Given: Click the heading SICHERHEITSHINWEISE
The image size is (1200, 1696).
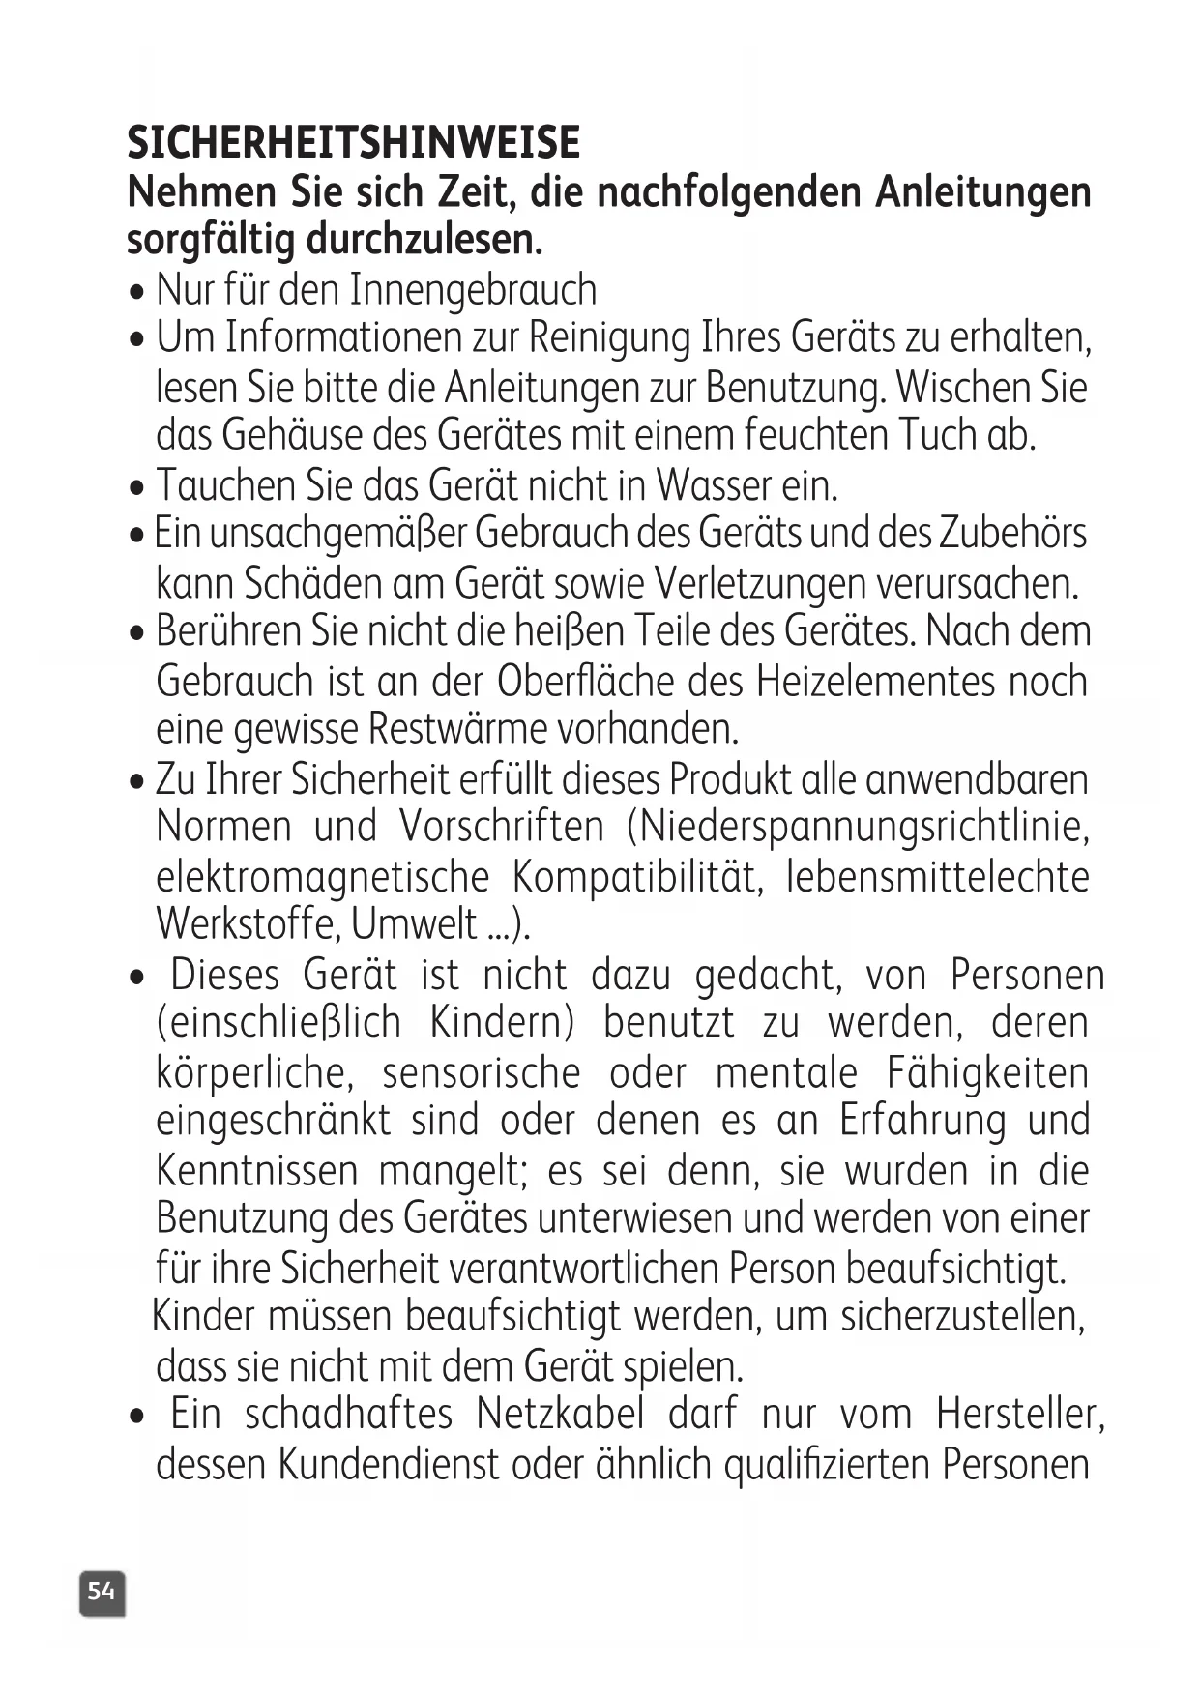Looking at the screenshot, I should [x=353, y=143].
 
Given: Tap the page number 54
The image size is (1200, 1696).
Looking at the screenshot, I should [x=102, y=1591].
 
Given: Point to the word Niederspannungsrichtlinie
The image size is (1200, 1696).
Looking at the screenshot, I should [x=860, y=827].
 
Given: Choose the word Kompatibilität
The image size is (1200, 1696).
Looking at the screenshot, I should [x=633, y=877].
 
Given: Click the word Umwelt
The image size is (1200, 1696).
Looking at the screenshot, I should [x=415, y=925].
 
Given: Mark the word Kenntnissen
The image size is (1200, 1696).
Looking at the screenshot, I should [x=256, y=1171].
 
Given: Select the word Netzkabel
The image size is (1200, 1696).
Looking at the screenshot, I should [x=560, y=1415].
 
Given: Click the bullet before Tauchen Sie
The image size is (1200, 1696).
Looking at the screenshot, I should [x=136, y=486].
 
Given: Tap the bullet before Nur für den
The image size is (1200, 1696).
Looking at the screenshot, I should [x=136, y=292].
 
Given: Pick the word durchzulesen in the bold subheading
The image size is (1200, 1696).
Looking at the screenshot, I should [x=424, y=239].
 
